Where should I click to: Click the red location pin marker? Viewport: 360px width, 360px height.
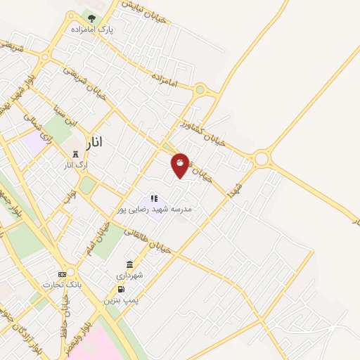pos(181,165)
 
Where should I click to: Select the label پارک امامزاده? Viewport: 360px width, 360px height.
pos(91,30)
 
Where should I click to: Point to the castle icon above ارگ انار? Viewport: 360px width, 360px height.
pos(75,153)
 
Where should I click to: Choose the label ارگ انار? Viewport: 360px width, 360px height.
pos(75,165)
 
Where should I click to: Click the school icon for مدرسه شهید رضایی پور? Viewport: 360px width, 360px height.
pos(155,199)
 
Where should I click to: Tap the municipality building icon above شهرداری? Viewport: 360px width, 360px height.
pos(130,264)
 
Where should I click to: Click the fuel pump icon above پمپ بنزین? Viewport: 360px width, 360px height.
pos(120,289)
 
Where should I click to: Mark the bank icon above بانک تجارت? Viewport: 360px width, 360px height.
pos(62,274)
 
